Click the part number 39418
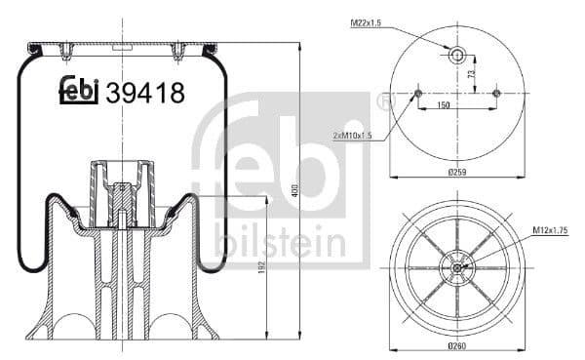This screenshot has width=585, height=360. tap(145, 93)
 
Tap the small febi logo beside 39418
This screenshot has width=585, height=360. tap(80, 90)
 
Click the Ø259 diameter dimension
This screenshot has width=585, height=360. tap(456, 173)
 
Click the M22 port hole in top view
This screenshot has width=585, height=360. tap(456, 55)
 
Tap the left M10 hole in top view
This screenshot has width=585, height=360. tap(417, 94)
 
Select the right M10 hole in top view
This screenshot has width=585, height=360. tap(496, 94)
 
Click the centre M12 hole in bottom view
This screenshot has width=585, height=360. tap(456, 265)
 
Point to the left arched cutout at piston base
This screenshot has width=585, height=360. tap(71, 326)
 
